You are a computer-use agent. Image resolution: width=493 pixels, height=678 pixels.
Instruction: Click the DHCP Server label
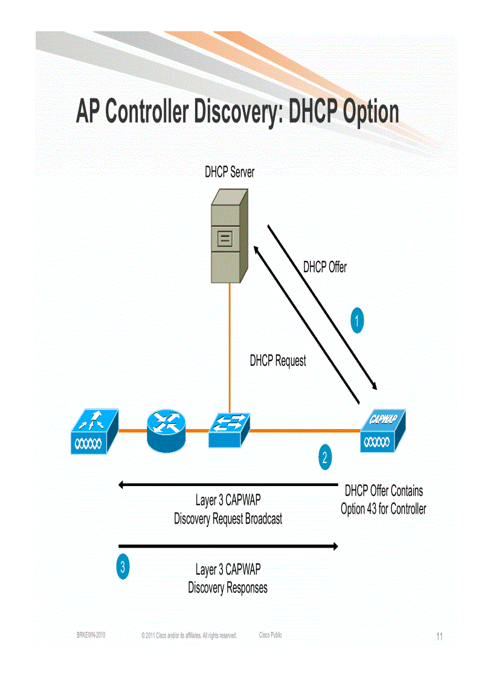(230, 172)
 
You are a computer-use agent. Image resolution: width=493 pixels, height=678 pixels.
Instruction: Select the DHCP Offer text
(325, 267)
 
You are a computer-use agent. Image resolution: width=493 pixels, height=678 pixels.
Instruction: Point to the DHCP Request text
(278, 361)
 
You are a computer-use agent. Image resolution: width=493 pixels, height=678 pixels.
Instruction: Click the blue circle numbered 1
(358, 320)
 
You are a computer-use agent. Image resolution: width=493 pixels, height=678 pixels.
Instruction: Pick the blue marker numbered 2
(325, 458)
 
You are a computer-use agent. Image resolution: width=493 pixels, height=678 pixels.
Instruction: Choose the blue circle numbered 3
(123, 567)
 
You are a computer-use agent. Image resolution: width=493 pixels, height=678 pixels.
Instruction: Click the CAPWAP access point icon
(382, 430)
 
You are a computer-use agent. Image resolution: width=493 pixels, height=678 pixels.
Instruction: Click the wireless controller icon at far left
(94, 431)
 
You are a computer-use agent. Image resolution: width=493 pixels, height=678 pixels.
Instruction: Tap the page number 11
(439, 636)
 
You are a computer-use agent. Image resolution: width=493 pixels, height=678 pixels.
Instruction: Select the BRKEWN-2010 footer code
(91, 635)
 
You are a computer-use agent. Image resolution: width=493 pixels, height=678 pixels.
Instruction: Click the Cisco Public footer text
(270, 635)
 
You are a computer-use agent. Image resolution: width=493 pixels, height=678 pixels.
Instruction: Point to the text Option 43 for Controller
(383, 509)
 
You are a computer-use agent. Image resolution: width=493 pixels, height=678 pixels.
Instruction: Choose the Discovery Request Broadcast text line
(228, 519)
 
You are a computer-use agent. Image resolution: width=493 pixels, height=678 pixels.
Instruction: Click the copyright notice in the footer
(188, 636)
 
